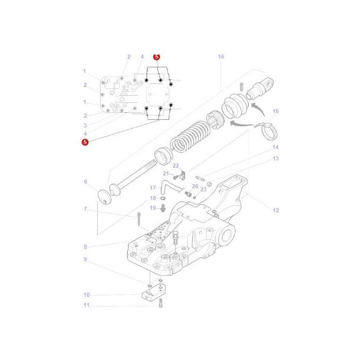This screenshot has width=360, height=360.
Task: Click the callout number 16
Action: [x=221, y=57]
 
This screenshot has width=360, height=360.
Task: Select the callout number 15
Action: [x=275, y=111]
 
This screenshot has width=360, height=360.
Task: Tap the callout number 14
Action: [x=275, y=148]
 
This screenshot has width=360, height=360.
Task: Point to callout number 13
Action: [x=275, y=158]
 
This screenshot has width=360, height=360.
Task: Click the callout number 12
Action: [x=276, y=210]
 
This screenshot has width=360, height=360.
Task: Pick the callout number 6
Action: [x=85, y=182]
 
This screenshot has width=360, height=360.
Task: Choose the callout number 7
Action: [x=85, y=209]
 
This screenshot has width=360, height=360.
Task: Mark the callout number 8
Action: [x=85, y=247]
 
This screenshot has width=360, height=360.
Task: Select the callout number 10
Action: [x=86, y=295]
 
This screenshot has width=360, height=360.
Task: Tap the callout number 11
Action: [x=86, y=305]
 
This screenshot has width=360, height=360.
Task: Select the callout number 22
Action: [x=175, y=166]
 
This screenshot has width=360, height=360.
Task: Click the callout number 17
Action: [x=152, y=188]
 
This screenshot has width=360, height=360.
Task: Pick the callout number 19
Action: [x=153, y=208]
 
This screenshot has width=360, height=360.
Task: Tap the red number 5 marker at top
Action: [x=157, y=57]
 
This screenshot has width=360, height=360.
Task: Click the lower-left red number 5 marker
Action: [x=85, y=141]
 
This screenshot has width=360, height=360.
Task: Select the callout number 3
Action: [x=85, y=125]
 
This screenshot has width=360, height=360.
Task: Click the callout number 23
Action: [x=203, y=189]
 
